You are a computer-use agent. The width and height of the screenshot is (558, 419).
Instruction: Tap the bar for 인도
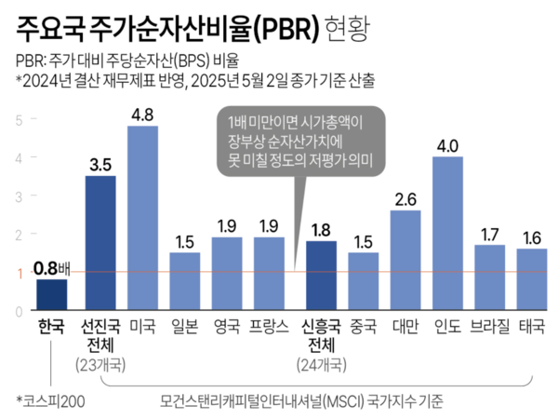pyautogui.click(x=447, y=234)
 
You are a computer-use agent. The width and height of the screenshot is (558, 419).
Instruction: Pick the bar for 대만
pyautogui.click(x=405, y=261)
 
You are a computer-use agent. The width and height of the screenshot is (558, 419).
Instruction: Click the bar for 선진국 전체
pyautogui.click(x=100, y=243)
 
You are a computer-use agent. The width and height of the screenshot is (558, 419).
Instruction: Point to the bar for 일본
pyautogui.click(x=184, y=281)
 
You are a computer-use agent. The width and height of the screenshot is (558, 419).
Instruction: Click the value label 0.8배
pyautogui.click(x=52, y=269)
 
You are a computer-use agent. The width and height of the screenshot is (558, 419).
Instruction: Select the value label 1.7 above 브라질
pyautogui.click(x=490, y=235)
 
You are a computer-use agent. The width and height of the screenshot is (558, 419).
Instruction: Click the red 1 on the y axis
pyautogui.click(x=19, y=273)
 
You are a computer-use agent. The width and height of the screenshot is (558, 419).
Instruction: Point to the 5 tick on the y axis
pyautogui.click(x=19, y=119)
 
